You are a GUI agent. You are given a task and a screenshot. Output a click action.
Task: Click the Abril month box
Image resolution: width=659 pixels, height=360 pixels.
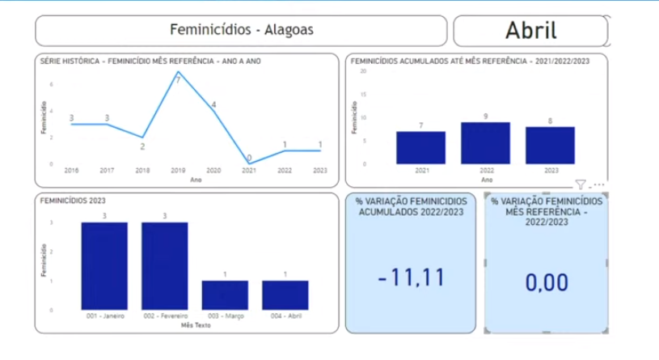[x=530, y=31]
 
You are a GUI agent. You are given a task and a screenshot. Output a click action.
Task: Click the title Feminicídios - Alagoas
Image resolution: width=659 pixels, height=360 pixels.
[x=241, y=31]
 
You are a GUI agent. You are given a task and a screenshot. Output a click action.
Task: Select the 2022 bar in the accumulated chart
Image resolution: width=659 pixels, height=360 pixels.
[x=485, y=143]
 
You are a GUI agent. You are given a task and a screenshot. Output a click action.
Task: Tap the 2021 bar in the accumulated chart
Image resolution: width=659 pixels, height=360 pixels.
[x=420, y=147]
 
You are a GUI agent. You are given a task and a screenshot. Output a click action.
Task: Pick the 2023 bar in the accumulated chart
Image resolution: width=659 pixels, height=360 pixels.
[x=550, y=146]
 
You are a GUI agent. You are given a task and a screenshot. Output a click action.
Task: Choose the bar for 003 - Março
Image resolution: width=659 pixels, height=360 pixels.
[x=225, y=294]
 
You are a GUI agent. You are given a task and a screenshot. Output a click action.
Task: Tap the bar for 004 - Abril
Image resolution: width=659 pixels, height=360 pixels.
[x=285, y=294]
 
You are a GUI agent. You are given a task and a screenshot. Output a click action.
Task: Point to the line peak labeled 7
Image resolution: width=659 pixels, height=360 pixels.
[x=178, y=73]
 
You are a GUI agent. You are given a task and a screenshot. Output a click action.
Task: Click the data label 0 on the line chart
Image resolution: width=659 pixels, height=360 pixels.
[x=249, y=158]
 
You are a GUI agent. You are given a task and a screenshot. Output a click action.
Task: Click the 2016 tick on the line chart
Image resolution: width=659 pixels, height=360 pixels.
[x=71, y=171]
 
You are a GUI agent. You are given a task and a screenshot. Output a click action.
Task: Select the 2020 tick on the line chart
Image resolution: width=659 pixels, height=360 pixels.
[x=213, y=171]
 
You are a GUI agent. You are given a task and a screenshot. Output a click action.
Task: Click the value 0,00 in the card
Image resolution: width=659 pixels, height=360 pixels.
[x=547, y=282]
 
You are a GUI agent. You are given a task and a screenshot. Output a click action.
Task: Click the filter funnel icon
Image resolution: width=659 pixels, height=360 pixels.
[x=581, y=185]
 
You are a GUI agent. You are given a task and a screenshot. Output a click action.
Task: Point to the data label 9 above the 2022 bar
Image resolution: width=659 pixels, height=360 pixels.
[x=485, y=116]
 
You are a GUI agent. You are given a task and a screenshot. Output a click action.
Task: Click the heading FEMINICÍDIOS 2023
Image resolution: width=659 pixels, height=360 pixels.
[x=74, y=200]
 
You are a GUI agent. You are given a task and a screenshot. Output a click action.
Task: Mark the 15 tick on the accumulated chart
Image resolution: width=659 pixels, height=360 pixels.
[x=364, y=94]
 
